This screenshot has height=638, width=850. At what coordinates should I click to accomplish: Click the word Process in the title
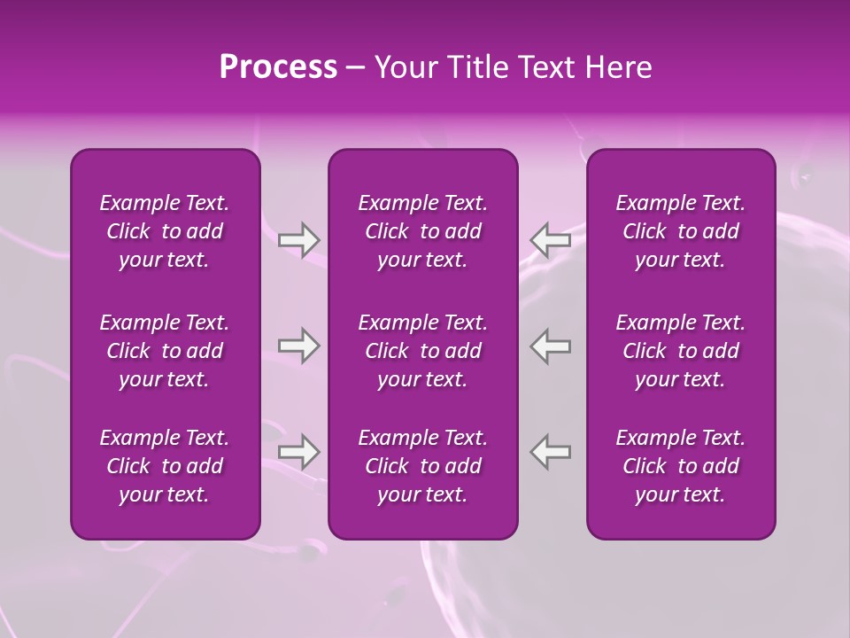[x=278, y=67]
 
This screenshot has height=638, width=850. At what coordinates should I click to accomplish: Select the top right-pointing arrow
[x=298, y=239]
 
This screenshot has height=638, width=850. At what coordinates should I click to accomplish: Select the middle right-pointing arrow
[x=298, y=346]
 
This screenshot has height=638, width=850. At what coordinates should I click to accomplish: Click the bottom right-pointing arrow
[x=298, y=452]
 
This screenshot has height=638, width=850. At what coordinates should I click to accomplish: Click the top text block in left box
[x=165, y=231]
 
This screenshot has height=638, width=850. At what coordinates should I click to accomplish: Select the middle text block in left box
[x=165, y=351]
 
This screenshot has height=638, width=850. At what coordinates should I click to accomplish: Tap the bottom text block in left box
[x=165, y=466]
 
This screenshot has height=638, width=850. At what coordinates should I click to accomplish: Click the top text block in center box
[x=423, y=231]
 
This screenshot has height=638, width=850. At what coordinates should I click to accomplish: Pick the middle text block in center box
[x=423, y=351]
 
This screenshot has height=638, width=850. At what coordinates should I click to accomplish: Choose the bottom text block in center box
[x=423, y=466]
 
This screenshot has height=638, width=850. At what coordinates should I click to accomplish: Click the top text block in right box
[x=681, y=231]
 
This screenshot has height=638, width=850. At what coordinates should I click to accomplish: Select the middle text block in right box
[x=681, y=351]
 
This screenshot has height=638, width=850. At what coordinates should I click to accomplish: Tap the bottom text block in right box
[x=681, y=466]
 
